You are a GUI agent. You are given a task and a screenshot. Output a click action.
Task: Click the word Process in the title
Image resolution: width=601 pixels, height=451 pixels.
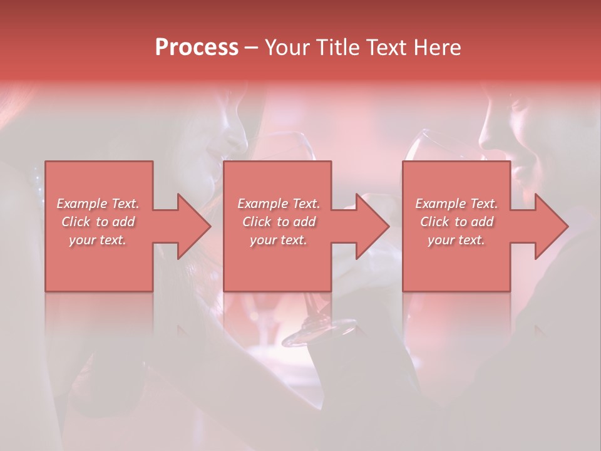click(x=197, y=48)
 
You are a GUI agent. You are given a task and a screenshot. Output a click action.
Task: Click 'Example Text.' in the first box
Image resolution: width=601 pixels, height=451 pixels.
click(x=98, y=204)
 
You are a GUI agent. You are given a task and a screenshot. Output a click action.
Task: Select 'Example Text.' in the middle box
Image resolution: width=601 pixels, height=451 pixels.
click(x=278, y=204)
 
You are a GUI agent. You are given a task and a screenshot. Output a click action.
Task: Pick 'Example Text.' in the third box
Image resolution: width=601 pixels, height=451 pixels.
click(x=456, y=204)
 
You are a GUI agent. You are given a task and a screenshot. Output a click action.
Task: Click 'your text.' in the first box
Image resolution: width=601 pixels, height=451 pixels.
click(x=98, y=240)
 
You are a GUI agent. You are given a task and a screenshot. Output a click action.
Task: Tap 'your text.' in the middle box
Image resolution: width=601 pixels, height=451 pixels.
click(x=278, y=240)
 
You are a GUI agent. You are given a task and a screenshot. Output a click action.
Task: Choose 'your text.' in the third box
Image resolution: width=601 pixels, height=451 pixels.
click(x=456, y=240)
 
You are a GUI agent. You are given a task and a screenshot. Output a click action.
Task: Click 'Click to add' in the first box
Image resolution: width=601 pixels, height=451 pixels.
click(x=98, y=222)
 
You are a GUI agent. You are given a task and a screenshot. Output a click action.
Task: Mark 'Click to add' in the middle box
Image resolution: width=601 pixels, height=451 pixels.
click(x=278, y=222)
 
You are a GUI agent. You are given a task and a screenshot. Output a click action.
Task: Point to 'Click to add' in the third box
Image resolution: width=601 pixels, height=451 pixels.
click(x=456, y=222)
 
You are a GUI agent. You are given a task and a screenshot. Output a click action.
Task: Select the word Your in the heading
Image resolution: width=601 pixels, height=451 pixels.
click(x=287, y=48)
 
